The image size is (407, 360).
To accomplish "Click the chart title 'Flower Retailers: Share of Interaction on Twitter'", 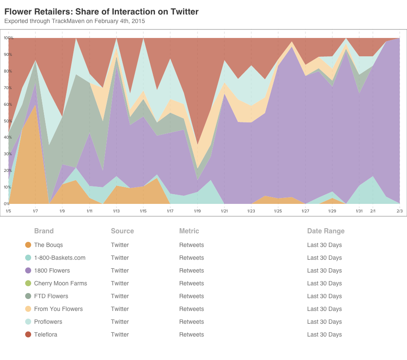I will [x=102, y=12].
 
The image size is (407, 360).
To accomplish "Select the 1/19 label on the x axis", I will [x=197, y=211].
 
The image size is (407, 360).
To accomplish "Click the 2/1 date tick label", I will [x=373, y=211].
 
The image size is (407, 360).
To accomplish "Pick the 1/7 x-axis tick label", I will [x=35, y=211].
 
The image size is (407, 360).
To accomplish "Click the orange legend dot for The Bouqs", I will [x=28, y=245].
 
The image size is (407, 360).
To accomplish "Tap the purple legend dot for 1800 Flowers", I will [x=28, y=270].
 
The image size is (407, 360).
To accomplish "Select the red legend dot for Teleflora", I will [x=28, y=334].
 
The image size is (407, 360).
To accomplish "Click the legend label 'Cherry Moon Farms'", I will [x=60, y=283].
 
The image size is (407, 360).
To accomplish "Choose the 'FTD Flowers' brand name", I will [x=51, y=296].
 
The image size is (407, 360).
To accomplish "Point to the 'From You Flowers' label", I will [x=58, y=309].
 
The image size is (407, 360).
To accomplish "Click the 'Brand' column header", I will [x=44, y=231].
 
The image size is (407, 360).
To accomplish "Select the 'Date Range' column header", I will [x=326, y=231].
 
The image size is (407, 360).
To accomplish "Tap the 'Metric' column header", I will [x=189, y=231].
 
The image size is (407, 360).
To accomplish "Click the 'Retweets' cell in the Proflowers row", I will [x=191, y=322].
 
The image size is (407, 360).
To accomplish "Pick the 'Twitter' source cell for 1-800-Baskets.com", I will [x=119, y=258].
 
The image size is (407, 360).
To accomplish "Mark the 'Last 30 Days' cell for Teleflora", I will [x=324, y=334].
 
